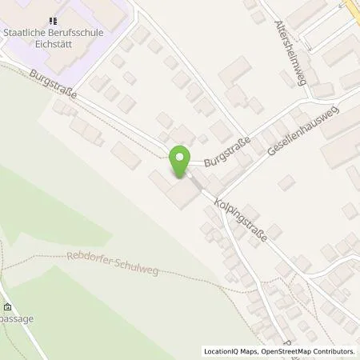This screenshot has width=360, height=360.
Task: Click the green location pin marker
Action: (x=180, y=160)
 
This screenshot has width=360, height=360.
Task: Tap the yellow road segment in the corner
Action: (x=352, y=10)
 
